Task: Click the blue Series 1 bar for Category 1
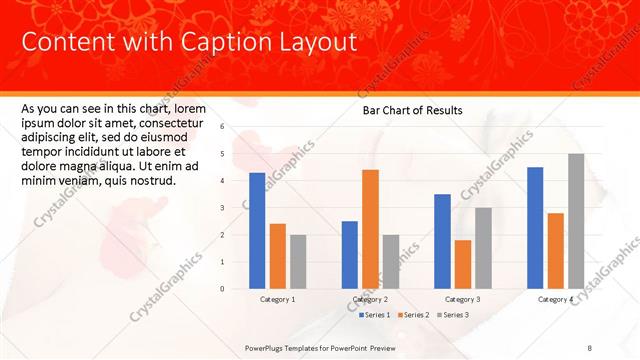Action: pos(257,231)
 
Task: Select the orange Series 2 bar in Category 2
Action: pos(370,229)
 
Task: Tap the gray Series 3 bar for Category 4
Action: pos(576,221)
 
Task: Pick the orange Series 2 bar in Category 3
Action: pos(462,264)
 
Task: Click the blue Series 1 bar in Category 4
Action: pos(535,228)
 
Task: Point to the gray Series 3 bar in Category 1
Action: pos(298,262)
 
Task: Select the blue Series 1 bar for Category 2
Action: pos(350,255)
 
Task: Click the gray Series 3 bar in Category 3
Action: pos(483,248)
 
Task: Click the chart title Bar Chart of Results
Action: pos(412,111)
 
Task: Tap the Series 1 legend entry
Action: pos(376,315)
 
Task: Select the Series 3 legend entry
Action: pos(455,315)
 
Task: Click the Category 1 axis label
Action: pos(277,300)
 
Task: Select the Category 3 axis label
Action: pos(462,300)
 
